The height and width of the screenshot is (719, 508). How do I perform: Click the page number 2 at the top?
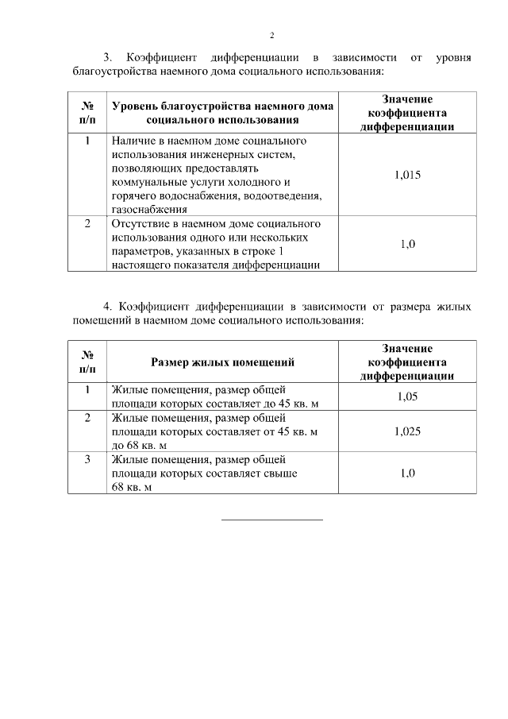click(x=271, y=36)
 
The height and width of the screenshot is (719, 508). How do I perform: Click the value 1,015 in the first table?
click(x=407, y=176)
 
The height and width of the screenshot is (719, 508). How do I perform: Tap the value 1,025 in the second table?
click(x=407, y=431)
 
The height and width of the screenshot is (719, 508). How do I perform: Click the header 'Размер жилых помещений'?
click(x=222, y=362)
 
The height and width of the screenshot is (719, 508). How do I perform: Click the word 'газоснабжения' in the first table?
click(x=149, y=210)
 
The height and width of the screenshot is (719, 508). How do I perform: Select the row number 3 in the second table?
click(x=87, y=459)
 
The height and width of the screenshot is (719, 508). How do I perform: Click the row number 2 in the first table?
click(x=87, y=224)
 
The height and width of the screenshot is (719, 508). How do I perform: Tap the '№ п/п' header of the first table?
click(x=87, y=112)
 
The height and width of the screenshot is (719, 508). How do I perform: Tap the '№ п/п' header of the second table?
click(x=87, y=362)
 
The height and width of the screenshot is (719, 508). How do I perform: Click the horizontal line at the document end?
click(x=271, y=520)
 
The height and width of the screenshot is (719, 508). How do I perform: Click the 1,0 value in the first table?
click(x=407, y=244)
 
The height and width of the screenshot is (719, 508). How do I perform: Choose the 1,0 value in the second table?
click(x=407, y=473)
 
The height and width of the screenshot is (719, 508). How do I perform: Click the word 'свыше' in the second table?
click(x=283, y=474)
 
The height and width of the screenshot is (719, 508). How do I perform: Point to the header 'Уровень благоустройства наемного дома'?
click(x=222, y=106)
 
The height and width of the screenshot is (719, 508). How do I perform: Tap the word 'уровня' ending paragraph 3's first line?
click(x=454, y=57)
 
